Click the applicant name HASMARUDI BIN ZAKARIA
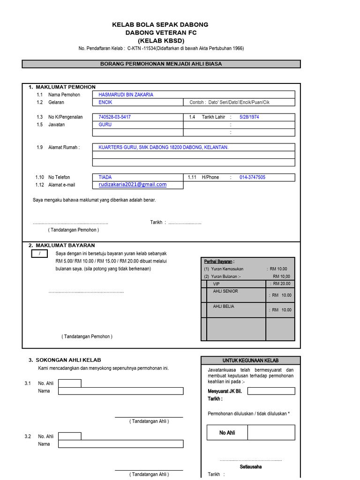(126, 95)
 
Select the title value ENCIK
(105, 102)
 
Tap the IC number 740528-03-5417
(114, 117)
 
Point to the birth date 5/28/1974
(249, 117)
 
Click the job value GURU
(105, 125)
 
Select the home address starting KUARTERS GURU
(163, 147)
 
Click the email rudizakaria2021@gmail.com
(133, 185)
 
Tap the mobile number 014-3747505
(252, 177)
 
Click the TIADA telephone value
(105, 177)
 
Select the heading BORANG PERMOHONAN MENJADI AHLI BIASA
(161, 64)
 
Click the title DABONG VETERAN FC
(161, 32)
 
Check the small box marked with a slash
(40, 254)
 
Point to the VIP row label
(216, 284)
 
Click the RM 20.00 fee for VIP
(282, 284)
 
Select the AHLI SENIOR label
(225, 291)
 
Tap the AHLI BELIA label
(224, 306)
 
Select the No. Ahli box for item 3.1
(69, 383)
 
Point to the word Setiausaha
(251, 467)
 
